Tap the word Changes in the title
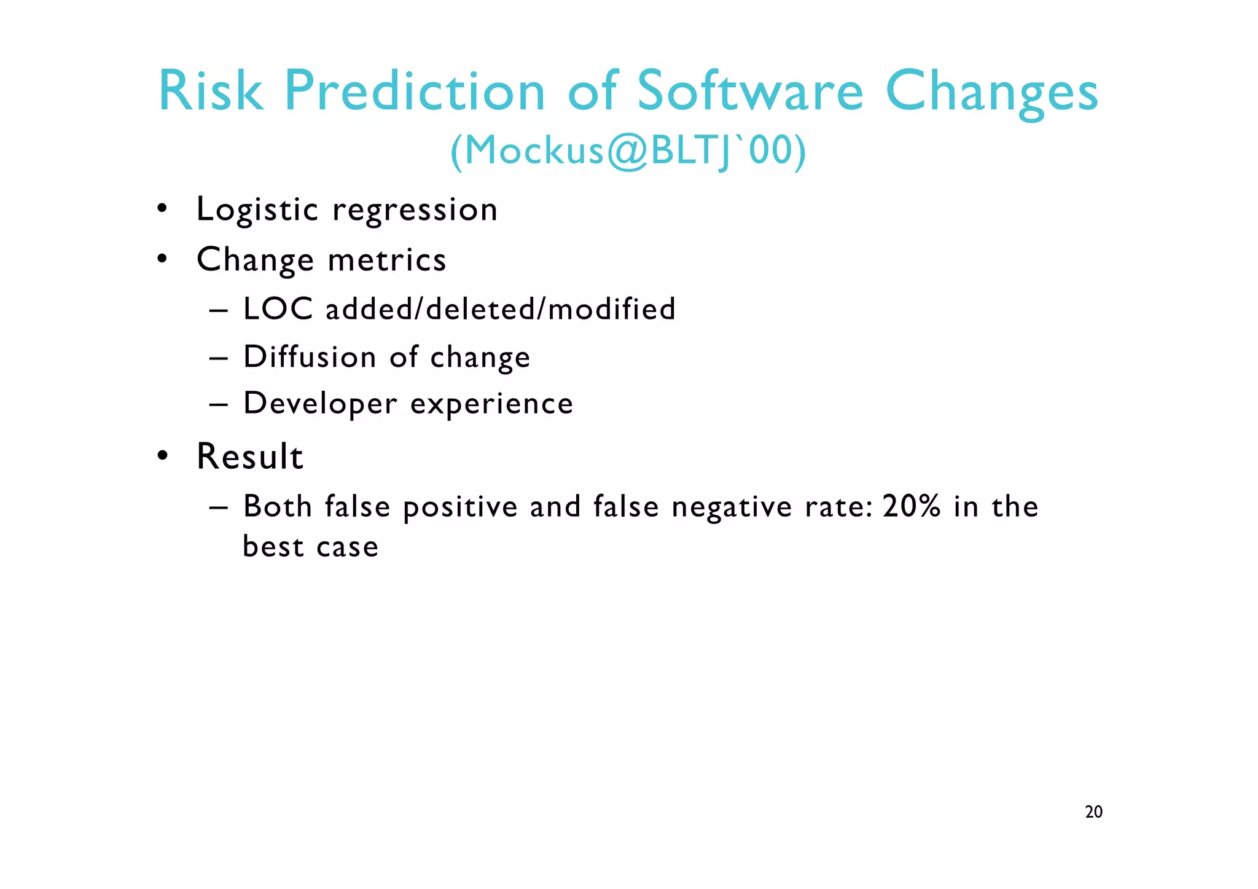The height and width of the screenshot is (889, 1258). tap(991, 92)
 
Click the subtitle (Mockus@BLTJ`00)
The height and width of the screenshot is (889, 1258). tap(628, 151)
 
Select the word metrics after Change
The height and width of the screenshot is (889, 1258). tap(386, 260)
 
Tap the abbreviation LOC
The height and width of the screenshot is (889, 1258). tap(278, 308)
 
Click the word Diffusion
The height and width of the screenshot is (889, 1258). tap(309, 357)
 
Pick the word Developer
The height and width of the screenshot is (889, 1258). tap(320, 404)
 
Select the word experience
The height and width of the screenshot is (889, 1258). tap(491, 404)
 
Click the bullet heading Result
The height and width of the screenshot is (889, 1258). tap(249, 456)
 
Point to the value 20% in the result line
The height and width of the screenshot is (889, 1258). tap(911, 506)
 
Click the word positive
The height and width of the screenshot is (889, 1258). tap(460, 507)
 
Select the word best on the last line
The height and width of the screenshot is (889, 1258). tap(273, 546)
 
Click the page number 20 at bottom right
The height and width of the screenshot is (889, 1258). tap(1093, 812)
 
